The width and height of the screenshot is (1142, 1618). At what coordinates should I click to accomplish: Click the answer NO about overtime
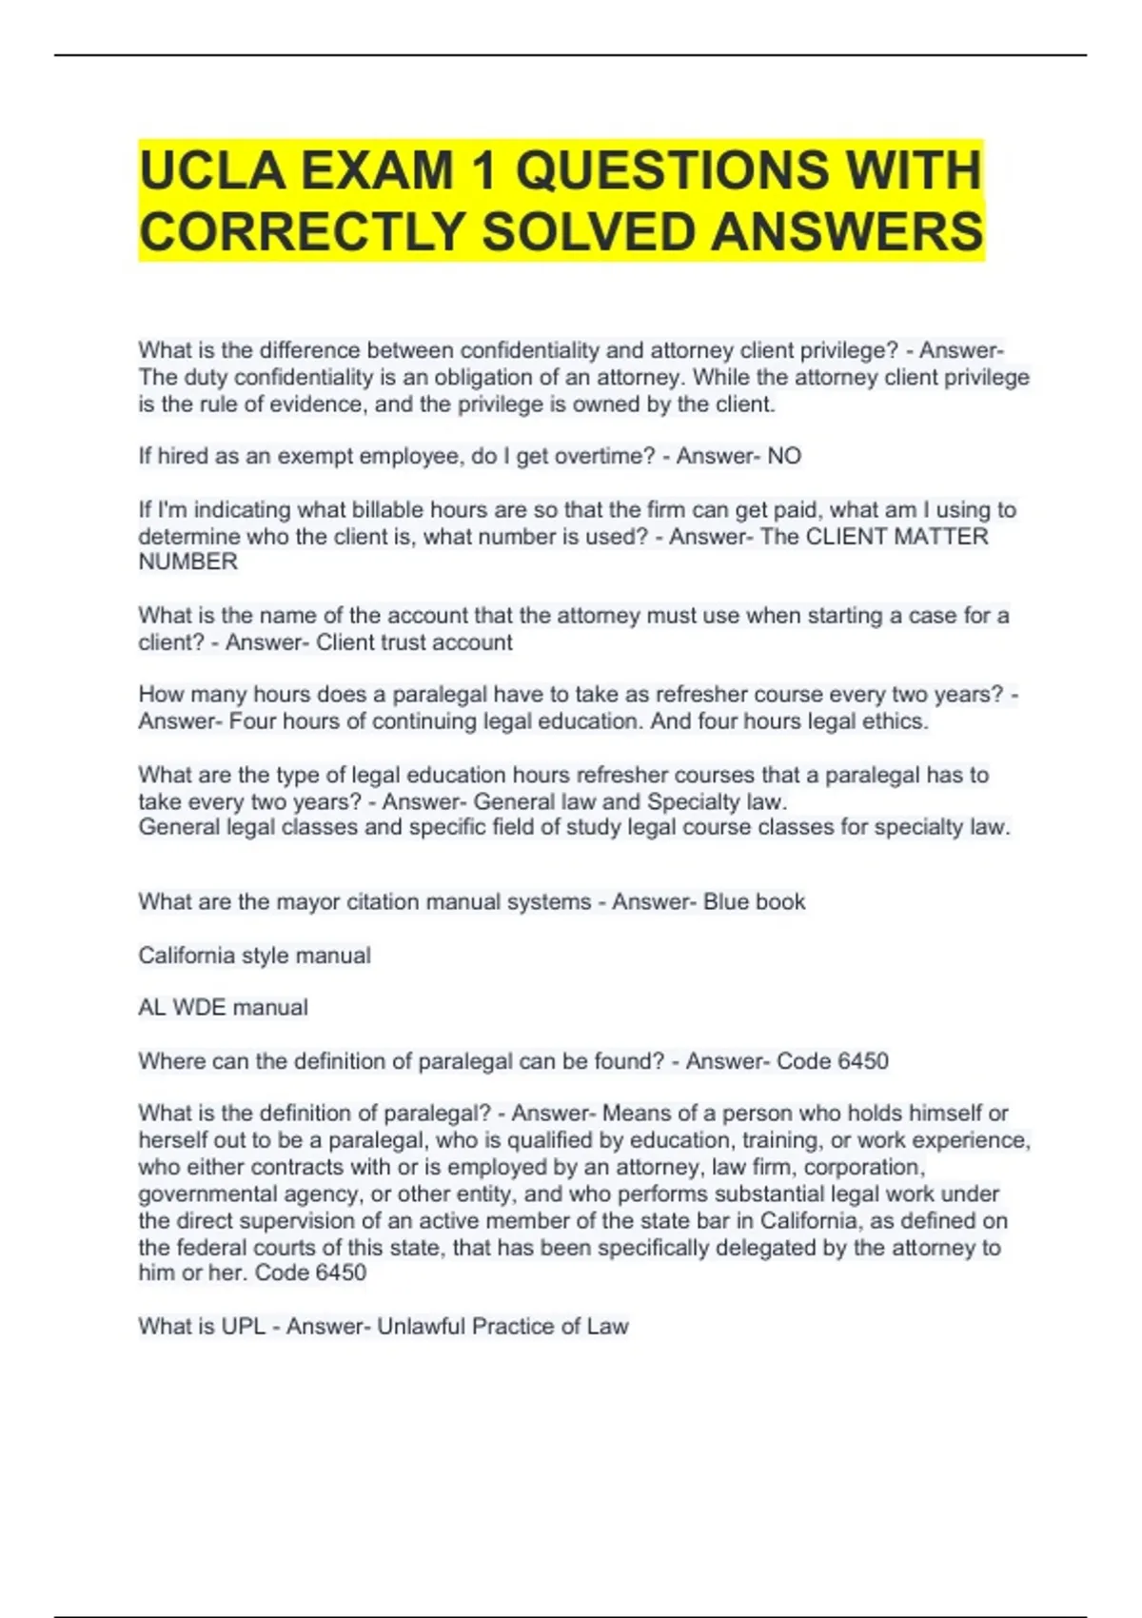(x=784, y=457)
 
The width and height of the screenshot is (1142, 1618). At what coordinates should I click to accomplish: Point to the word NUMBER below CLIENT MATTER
(x=188, y=562)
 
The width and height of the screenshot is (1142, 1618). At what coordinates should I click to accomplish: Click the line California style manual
(x=254, y=956)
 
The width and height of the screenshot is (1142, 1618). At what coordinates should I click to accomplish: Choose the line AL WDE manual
(x=223, y=1008)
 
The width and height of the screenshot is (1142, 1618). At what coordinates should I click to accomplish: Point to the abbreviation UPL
(x=243, y=1327)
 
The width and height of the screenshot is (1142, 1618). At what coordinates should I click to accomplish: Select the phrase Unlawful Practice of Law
(x=502, y=1327)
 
